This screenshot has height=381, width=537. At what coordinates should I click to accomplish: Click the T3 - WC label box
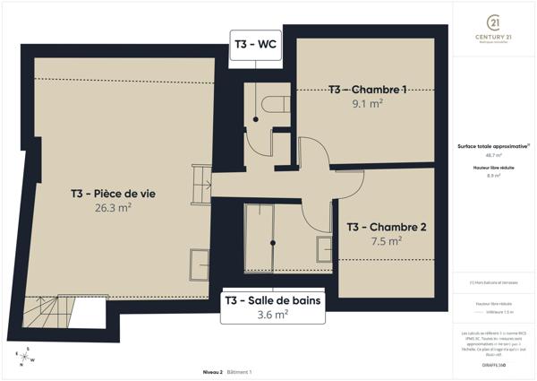[257, 43]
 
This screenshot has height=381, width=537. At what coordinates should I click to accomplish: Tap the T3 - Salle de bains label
[272, 299]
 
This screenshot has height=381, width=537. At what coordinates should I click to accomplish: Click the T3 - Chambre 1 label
[367, 90]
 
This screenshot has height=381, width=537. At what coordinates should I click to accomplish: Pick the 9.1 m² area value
[368, 103]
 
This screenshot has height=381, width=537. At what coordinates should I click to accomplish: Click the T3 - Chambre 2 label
[386, 227]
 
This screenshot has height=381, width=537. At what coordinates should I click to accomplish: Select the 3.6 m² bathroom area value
[272, 315]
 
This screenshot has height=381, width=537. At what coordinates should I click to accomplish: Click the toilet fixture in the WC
[259, 106]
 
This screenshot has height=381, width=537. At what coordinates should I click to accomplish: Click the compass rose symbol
[27, 356]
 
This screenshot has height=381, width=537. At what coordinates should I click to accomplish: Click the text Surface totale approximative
[492, 145]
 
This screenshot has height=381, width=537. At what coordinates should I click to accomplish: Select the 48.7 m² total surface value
[492, 155]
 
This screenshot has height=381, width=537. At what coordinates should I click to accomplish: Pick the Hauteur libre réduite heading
[492, 168]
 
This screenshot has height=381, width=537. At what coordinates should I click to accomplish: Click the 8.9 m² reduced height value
[492, 177]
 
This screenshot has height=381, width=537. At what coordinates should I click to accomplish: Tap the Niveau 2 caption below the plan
[212, 371]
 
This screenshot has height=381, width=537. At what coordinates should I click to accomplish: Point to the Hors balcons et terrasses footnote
[492, 282]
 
